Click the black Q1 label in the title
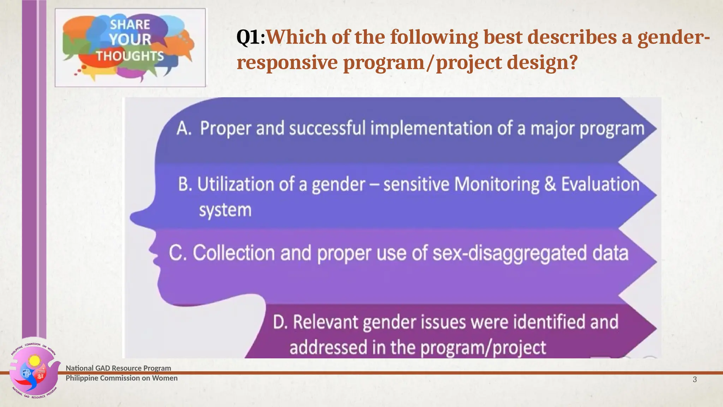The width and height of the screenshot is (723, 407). click(248, 37)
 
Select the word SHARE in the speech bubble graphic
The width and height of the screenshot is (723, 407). click(130, 25)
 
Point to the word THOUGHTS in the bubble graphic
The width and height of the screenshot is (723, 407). click(130, 56)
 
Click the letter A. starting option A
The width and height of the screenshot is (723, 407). click(184, 128)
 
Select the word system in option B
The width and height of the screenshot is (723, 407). click(225, 210)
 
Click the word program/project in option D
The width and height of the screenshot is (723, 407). click(483, 347)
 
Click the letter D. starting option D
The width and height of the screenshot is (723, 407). click(280, 322)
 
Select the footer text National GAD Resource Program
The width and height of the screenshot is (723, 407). click(118, 368)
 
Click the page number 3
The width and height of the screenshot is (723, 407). click(694, 379)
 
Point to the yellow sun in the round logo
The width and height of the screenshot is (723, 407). click(35, 361)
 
